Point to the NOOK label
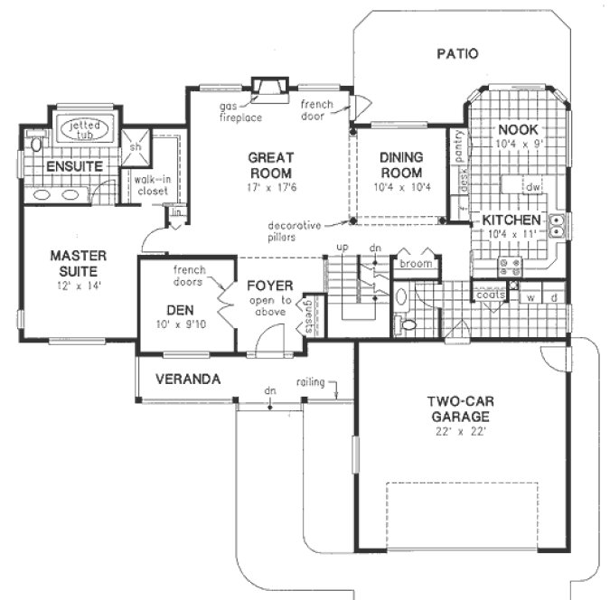pyautogui.click(x=517, y=130)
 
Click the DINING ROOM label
pyautogui.click(x=401, y=164)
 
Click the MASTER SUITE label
pyautogui.click(x=78, y=262)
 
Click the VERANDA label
pyautogui.click(x=188, y=380)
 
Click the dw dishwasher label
pyautogui.click(x=533, y=187)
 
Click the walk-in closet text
pyautogui.click(x=154, y=185)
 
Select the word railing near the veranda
pyautogui.click(x=313, y=382)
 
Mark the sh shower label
pyautogui.click(x=137, y=146)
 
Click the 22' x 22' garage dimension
pyautogui.click(x=461, y=433)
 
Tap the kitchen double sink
pyautogui.click(x=558, y=225)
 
